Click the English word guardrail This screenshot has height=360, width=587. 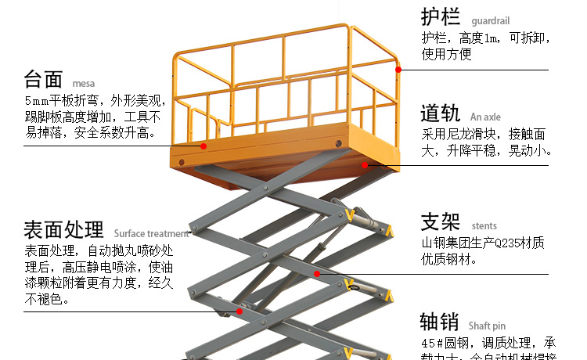point(489,21)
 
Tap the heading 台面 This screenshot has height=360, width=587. point(43,79)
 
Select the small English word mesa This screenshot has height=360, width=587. point(83,83)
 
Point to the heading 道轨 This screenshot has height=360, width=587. point(441,113)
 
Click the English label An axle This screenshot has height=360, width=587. point(485,117)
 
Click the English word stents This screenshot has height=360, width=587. point(484,226)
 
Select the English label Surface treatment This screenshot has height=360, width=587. point(151,233)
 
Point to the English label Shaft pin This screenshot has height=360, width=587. point(487,326)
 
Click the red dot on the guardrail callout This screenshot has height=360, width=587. point(398,70)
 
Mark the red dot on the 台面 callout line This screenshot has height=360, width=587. point(203,146)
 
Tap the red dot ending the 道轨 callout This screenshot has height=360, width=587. point(365,165)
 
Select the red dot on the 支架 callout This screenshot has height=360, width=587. point(317,274)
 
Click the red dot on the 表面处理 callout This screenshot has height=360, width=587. point(239,311)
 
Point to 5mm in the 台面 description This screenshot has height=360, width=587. point(36,101)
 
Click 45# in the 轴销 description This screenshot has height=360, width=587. point(433,344)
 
